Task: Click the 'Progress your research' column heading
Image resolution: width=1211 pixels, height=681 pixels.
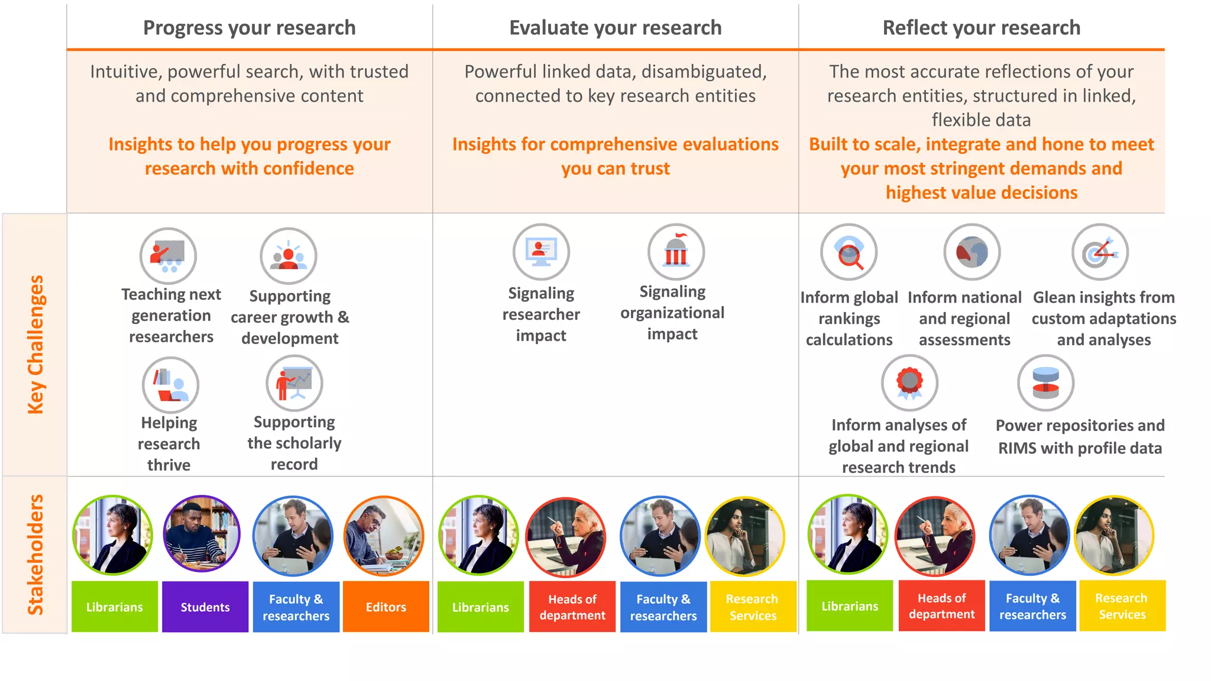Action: pyautogui.click(x=249, y=28)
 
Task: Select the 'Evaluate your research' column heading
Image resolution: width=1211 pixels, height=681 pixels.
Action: pyautogui.click(x=615, y=28)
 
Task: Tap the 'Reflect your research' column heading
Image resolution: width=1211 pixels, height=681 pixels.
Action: pyautogui.click(x=981, y=28)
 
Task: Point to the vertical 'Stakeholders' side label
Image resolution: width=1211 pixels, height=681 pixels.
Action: pyautogui.click(x=35, y=554)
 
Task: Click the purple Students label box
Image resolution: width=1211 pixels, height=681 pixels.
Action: pyautogui.click(x=205, y=607)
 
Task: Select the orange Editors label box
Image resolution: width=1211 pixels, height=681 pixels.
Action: pyautogui.click(x=386, y=607)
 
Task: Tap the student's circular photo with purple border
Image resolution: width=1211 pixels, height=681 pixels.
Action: pyautogui.click(x=202, y=534)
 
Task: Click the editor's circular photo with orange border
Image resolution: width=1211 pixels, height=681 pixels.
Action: pyautogui.click(x=384, y=536)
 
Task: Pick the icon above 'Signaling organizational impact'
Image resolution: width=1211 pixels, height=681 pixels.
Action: pyautogui.click(x=676, y=252)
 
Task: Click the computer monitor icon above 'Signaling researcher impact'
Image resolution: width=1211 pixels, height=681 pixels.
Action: pyautogui.click(x=541, y=252)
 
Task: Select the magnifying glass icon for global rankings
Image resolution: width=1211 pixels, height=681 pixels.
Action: pyautogui.click(x=849, y=252)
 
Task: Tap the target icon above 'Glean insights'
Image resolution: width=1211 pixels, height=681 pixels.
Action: pyautogui.click(x=1100, y=252)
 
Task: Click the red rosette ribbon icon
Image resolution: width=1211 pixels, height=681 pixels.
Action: pyautogui.click(x=909, y=383)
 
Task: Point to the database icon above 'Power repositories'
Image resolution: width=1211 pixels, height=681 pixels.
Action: pyautogui.click(x=1045, y=383)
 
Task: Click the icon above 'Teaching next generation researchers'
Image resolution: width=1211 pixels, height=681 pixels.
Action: pyautogui.click(x=169, y=256)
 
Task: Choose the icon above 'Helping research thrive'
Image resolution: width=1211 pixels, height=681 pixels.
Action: pyautogui.click(x=170, y=385)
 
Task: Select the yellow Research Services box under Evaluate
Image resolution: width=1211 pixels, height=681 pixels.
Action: pyautogui.click(x=753, y=607)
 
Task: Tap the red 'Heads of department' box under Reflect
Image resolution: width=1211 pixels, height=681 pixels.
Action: pyautogui.click(x=941, y=605)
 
